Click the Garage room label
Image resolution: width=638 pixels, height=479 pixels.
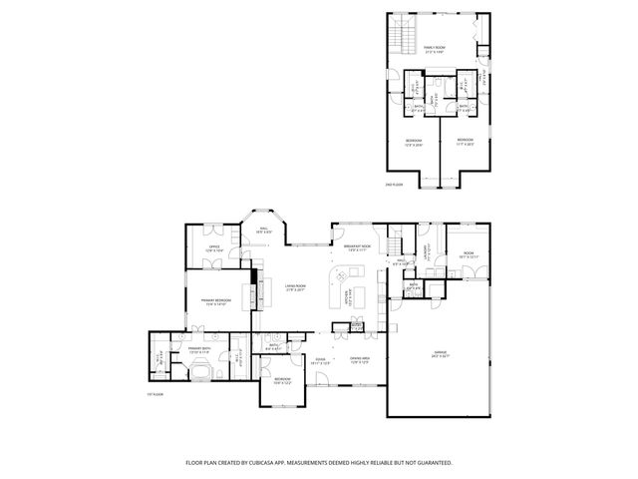click(x=441, y=353)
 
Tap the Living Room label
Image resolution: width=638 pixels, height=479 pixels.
click(x=295, y=287)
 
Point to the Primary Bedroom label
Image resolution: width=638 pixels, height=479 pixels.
click(x=216, y=301)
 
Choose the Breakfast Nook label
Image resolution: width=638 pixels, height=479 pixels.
click(x=357, y=247)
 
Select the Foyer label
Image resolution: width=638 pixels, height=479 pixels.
click(x=321, y=360)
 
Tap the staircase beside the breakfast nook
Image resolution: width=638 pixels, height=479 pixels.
click(x=396, y=244)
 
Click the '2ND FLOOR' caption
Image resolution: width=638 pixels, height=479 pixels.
click(x=394, y=185)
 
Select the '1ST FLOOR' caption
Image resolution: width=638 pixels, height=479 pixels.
click(x=155, y=395)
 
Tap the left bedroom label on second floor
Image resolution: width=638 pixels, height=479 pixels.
click(x=414, y=142)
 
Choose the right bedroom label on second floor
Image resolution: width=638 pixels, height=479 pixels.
click(x=465, y=142)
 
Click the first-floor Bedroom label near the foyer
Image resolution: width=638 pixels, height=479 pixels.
click(x=282, y=380)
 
